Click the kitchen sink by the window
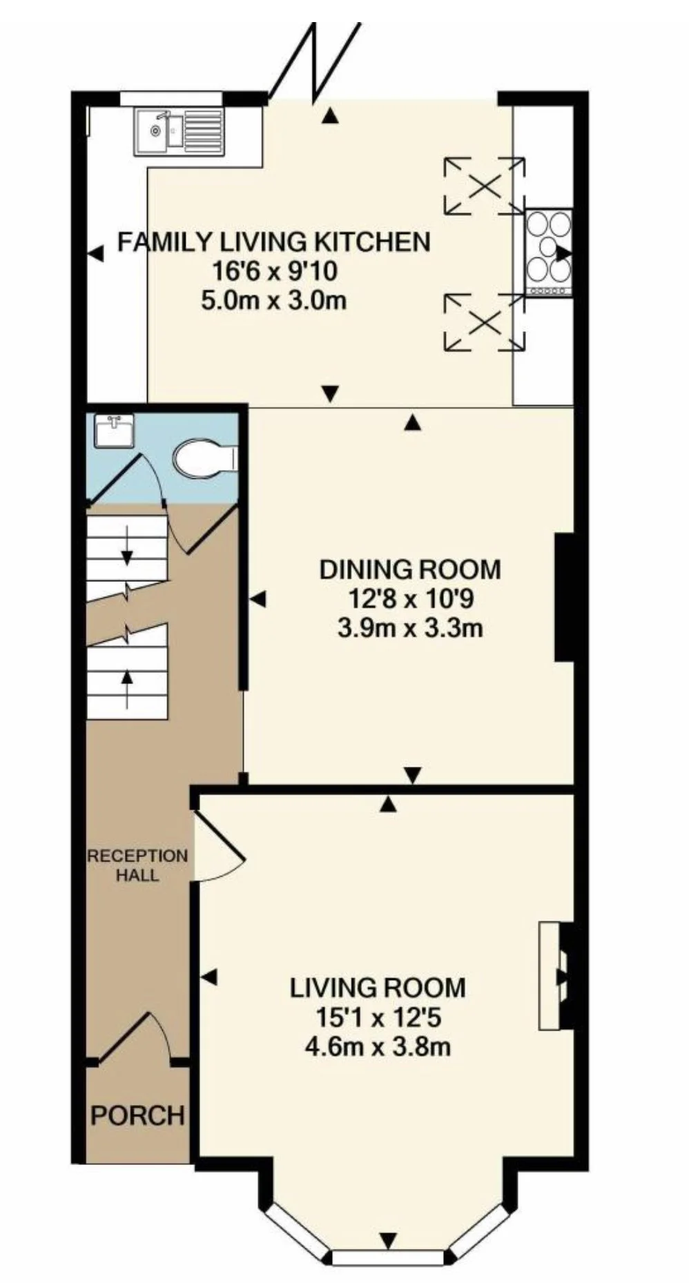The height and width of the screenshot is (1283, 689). coord(179,131)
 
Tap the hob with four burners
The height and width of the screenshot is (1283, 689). coord(549,253)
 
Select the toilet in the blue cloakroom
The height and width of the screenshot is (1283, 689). coord(206,458)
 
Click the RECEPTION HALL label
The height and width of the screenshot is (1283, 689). coord(137,865)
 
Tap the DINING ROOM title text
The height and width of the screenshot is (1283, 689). coord(410,569)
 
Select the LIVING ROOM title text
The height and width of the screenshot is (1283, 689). coord(378,988)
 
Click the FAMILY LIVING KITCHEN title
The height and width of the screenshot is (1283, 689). coord(274,242)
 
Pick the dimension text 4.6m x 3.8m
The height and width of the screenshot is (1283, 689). coord(378,1047)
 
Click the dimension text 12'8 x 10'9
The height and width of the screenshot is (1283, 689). coord(410,599)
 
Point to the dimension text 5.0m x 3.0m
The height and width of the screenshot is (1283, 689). coord(274,301)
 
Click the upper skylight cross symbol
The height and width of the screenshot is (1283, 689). coord(484,185)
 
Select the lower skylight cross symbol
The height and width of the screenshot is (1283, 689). coord(484,321)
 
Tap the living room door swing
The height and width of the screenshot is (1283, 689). coord(220,845)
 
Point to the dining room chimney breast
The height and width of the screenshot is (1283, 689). coord(565,597)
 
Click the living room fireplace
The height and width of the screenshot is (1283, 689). coord(556,975)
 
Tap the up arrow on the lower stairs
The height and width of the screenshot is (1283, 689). coord(127,690)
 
